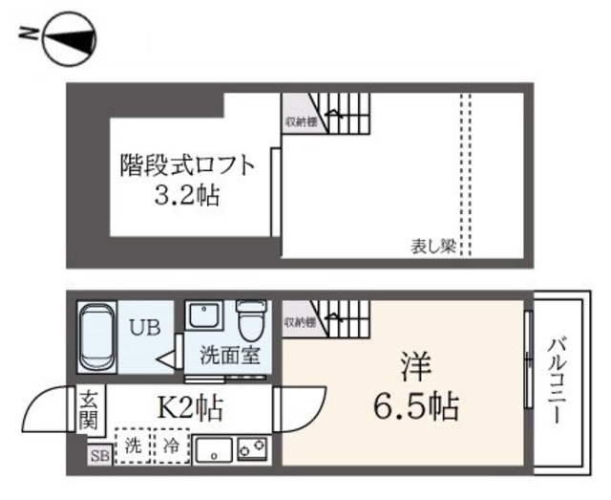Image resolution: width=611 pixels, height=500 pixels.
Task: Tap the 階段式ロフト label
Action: [187, 165]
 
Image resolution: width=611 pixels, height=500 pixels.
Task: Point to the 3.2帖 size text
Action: [187, 197]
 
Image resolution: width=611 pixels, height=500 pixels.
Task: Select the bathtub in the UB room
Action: [96, 337]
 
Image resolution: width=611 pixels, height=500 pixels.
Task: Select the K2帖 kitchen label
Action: [190, 409]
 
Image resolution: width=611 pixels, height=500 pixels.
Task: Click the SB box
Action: [97, 456]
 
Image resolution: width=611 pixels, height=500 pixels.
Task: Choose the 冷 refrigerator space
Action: [169, 446]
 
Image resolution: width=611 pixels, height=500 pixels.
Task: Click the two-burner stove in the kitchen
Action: [252, 447]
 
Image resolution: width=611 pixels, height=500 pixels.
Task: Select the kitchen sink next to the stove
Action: [215, 448]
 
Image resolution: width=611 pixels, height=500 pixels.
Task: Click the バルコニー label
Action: [558, 382]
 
